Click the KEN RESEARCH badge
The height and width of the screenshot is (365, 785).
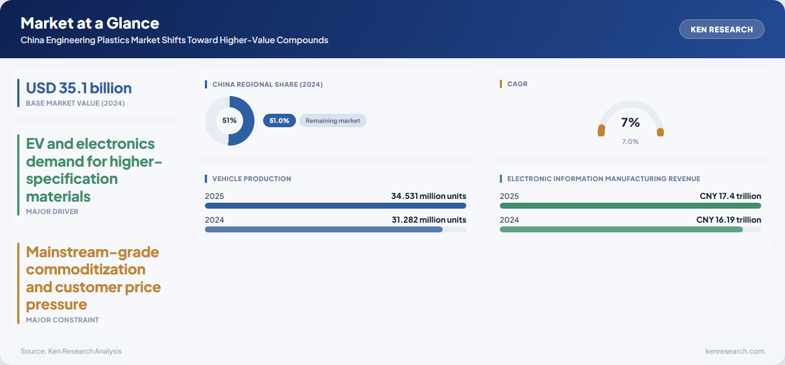coord(721,29)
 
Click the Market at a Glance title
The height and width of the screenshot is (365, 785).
coord(89,23)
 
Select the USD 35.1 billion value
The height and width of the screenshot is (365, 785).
coord(79,88)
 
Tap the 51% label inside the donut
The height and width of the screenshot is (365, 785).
coord(230,121)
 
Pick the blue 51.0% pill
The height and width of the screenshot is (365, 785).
coord(279,121)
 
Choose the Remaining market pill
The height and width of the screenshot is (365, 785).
coord(333,121)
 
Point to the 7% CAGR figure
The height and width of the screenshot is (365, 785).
coord(630,122)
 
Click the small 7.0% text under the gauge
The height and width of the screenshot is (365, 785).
coord(630,141)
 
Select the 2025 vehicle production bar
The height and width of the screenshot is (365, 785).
coord(335,205)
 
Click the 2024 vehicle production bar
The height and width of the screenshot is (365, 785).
coord(323,230)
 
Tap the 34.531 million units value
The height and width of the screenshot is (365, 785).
coord(429,196)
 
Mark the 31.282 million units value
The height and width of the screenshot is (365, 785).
coord(429,219)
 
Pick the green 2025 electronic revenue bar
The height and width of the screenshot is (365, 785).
coord(630,205)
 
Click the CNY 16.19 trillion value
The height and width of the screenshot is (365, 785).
coord(728,219)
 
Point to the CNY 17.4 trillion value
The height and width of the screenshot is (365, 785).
coord(731,196)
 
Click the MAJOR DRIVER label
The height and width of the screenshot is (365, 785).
coord(52,211)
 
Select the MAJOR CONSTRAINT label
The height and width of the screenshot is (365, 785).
coord(63,320)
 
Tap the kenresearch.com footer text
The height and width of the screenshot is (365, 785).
coord(734,351)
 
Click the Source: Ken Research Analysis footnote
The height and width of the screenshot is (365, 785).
coord(71,351)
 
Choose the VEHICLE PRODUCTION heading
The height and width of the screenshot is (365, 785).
coord(252,178)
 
